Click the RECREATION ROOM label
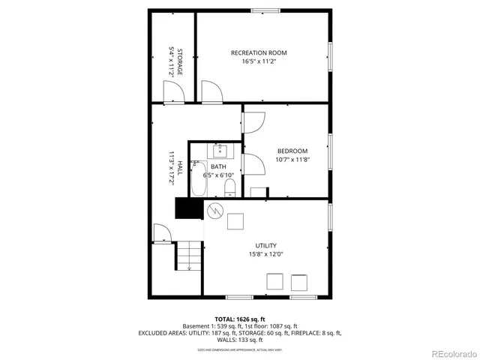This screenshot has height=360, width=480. click(x=259, y=52)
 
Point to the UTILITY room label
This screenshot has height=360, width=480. click(x=266, y=245)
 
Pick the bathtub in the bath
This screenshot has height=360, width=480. click(x=198, y=179)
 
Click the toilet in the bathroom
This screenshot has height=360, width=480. click(x=230, y=186)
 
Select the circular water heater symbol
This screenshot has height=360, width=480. click(x=215, y=211)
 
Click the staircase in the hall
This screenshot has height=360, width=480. click(x=189, y=257)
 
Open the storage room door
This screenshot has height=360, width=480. click(x=173, y=92)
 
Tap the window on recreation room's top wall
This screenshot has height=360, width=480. click(x=262, y=10)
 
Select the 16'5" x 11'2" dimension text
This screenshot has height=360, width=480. click(x=259, y=61)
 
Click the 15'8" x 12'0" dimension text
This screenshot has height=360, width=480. click(x=266, y=254)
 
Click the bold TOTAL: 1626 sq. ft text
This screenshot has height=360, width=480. click(x=239, y=319)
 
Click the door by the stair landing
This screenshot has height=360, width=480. click(x=162, y=233)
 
